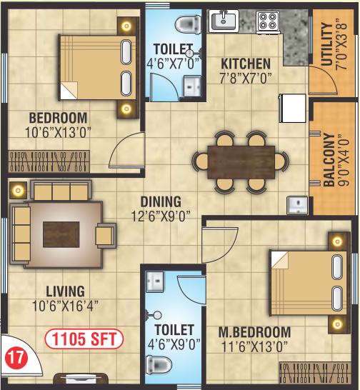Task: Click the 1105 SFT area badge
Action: [x=85, y=337]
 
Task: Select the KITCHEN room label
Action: [x=246, y=64]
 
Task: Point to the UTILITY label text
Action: [x=326, y=47]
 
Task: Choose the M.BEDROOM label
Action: [x=254, y=332]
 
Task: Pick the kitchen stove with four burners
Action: [x=268, y=21]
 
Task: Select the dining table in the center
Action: [x=241, y=161]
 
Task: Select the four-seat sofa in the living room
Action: [x=61, y=191]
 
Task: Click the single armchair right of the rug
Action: [x=106, y=234]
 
